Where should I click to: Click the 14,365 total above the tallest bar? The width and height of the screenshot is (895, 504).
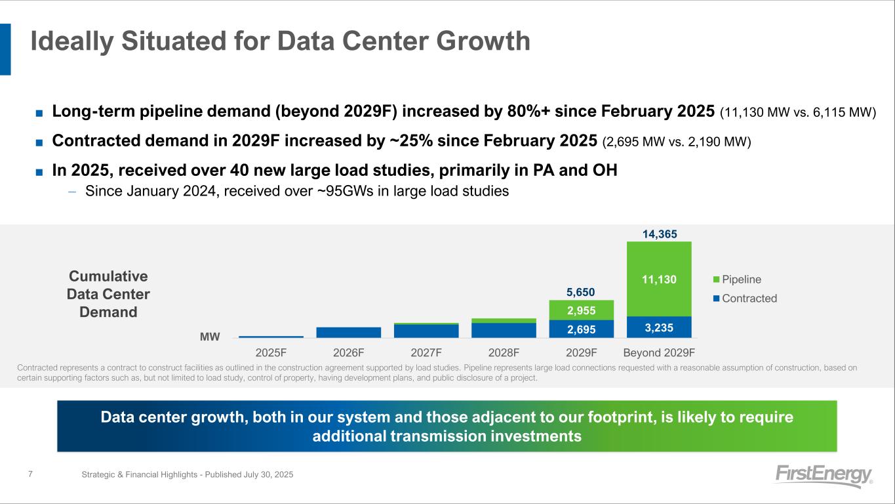pos(659,234)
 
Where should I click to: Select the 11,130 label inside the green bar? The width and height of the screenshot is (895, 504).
pos(659,280)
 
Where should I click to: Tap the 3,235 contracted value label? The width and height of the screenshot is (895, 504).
pos(659,327)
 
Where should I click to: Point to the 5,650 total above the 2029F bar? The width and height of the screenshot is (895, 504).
pos(581,291)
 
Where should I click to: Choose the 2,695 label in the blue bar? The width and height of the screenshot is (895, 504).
pos(581,328)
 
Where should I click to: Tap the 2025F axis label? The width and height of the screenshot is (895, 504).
pos(271,352)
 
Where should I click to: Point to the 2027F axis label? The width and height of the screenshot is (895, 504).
pos(426,352)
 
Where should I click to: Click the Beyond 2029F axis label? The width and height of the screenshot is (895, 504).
pos(659,352)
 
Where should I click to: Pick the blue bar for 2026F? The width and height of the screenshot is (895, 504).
pos(348,332)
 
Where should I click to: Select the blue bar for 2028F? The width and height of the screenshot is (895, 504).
pos(504,330)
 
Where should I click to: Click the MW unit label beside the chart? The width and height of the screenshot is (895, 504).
pos(210,337)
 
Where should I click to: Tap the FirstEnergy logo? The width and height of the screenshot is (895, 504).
pos(824,476)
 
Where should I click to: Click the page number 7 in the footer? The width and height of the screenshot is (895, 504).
pos(31,474)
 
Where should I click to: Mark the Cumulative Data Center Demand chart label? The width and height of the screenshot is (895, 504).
pos(108,294)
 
